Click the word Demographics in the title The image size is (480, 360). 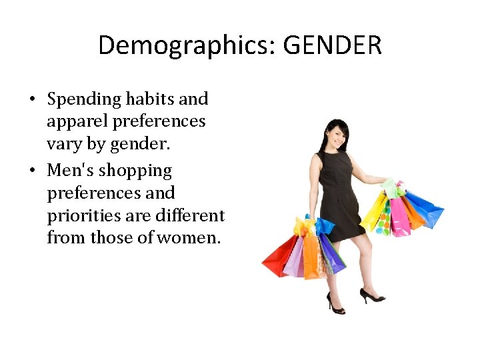[x=187, y=46]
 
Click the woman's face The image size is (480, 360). [x=334, y=136]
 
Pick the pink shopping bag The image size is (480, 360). [x=400, y=216]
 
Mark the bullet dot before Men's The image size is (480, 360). [x=32, y=171]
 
